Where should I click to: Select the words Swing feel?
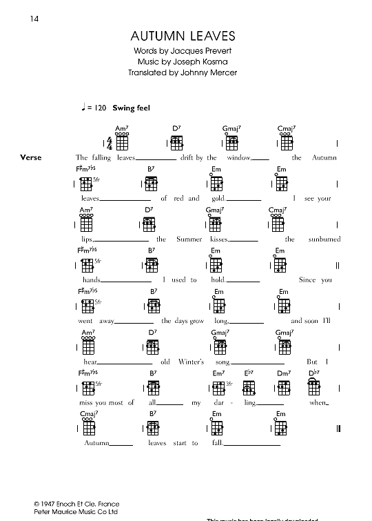click(132, 108)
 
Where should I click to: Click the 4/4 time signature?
click(110, 144)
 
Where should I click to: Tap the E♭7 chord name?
click(249, 373)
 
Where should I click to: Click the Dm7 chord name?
click(282, 373)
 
